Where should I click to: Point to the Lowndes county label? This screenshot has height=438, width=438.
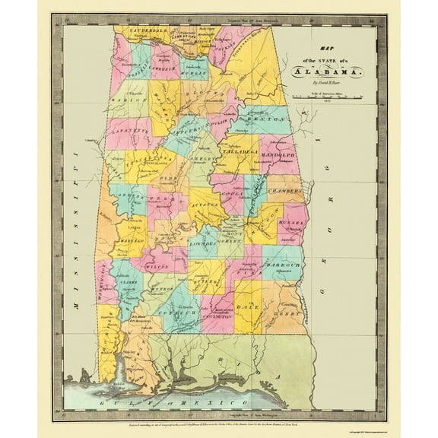203,245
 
